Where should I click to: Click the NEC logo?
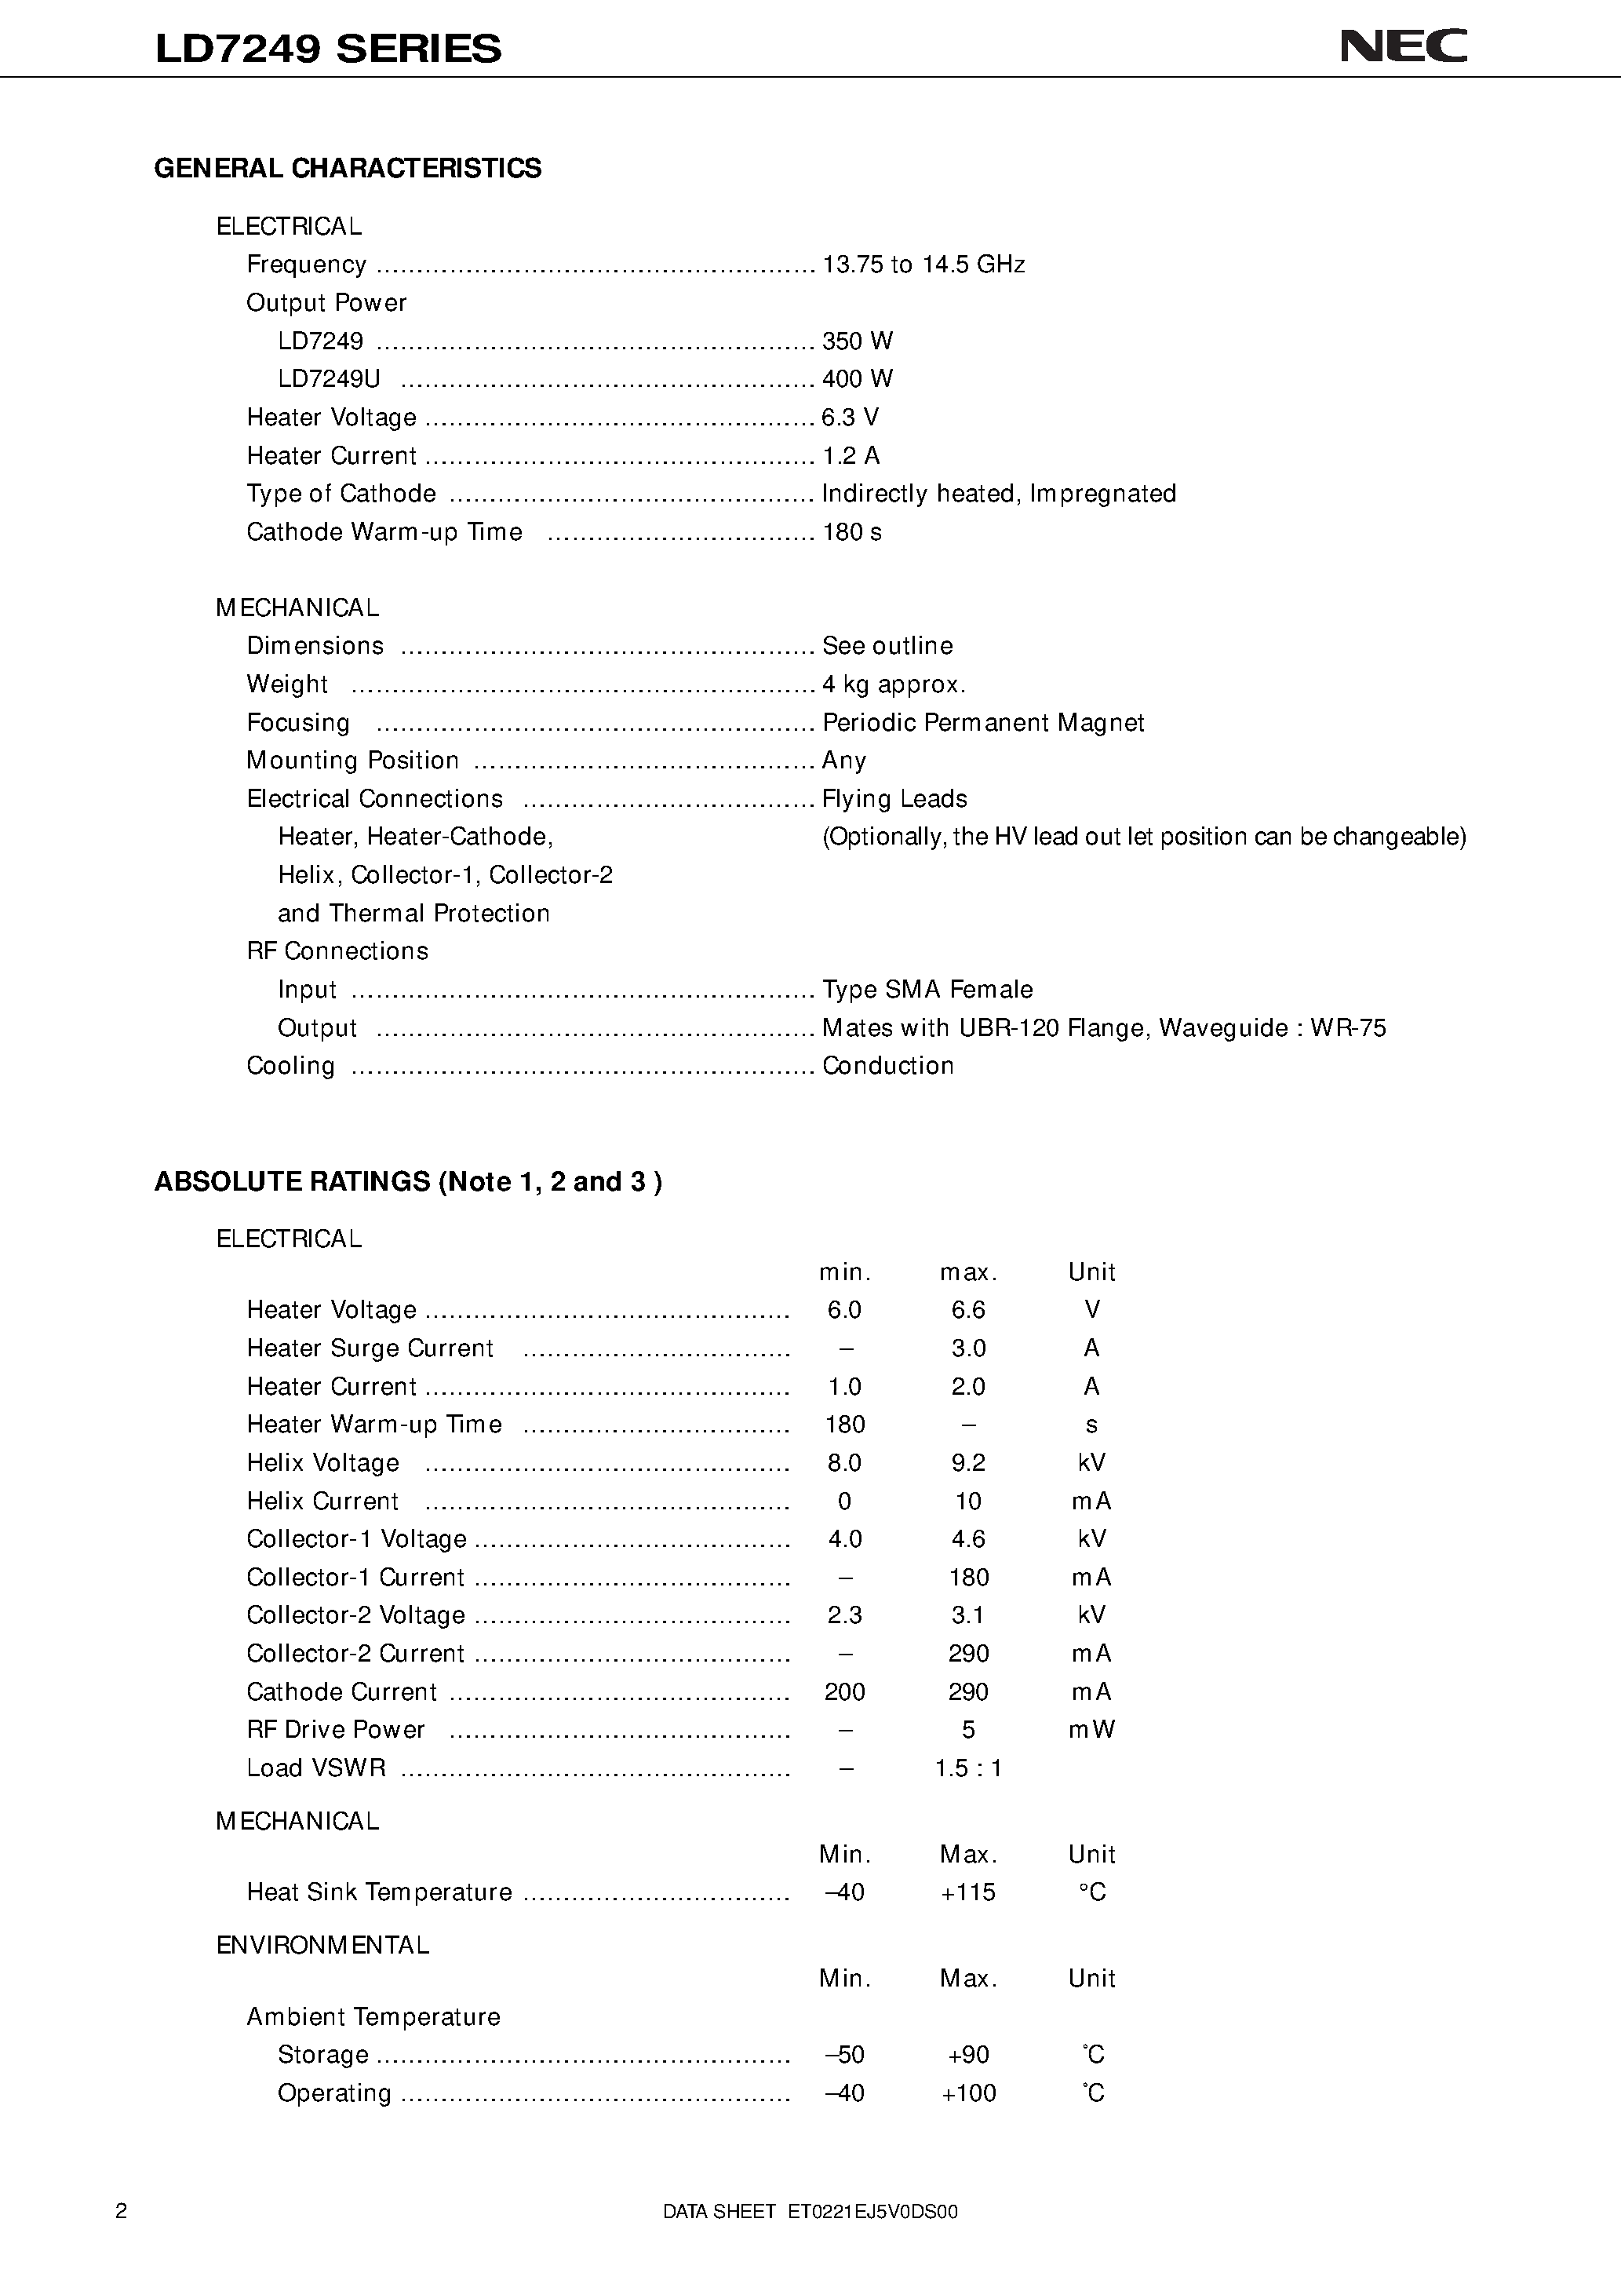1402,46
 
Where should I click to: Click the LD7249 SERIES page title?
328,49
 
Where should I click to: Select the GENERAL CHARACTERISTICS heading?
348,168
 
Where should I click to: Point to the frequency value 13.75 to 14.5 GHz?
923,265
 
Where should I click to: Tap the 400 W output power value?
857,379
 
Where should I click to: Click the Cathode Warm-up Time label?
384,532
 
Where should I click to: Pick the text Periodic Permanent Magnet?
982,723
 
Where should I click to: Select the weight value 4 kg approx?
892,684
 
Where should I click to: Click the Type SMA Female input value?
927,990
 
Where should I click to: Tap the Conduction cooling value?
887,1066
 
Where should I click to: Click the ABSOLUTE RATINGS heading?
408,1181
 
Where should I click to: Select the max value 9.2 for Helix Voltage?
967,1463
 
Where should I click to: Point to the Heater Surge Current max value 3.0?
967,1348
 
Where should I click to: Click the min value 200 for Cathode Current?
844,1692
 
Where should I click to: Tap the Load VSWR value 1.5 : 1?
967,1768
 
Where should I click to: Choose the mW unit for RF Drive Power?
1091,1730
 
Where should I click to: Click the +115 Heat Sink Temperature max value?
967,1892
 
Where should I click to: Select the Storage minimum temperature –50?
844,2055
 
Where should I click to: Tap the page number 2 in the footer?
122,2211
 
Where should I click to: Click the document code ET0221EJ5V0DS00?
872,2212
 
